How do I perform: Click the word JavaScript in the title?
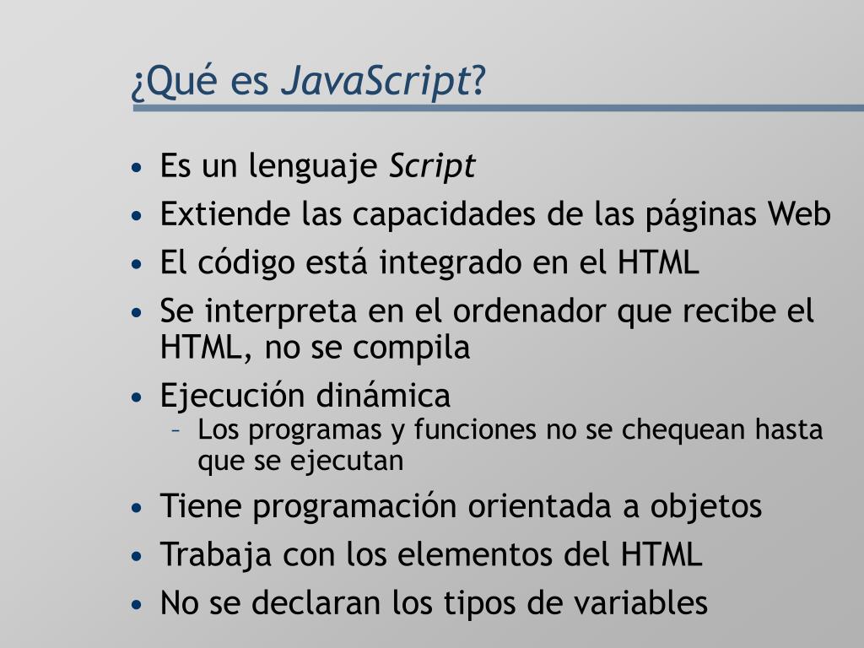pos(375,82)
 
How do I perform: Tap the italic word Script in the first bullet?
pos(432,166)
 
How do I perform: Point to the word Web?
pos(799,214)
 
